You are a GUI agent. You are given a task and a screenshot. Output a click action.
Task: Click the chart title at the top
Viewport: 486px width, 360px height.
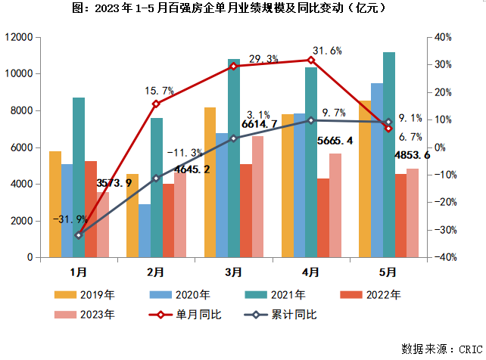(x=242, y=10)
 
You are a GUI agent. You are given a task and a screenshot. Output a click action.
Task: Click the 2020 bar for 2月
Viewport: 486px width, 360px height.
(x=144, y=231)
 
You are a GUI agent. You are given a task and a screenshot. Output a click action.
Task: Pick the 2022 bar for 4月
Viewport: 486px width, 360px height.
(x=323, y=218)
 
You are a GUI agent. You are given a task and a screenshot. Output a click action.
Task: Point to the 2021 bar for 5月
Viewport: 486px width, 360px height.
(x=389, y=154)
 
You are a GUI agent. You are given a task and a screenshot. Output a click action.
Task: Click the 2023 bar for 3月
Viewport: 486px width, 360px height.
(x=258, y=197)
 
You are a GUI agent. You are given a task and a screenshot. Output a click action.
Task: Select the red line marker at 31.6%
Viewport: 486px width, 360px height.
(x=311, y=60)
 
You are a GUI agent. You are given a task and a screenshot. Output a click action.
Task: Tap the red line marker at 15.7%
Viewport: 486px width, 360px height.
(x=156, y=104)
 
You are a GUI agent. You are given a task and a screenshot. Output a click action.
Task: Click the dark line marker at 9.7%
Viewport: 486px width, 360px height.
(x=311, y=120)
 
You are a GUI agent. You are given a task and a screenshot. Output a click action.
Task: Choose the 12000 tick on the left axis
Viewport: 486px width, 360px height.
(x=20, y=37)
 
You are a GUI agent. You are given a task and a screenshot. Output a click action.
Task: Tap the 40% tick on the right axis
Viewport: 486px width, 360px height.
(x=443, y=37)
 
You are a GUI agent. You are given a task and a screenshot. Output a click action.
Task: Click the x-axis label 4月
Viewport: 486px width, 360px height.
(x=311, y=271)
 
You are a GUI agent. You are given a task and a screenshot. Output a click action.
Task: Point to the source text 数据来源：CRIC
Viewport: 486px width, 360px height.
(x=441, y=349)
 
